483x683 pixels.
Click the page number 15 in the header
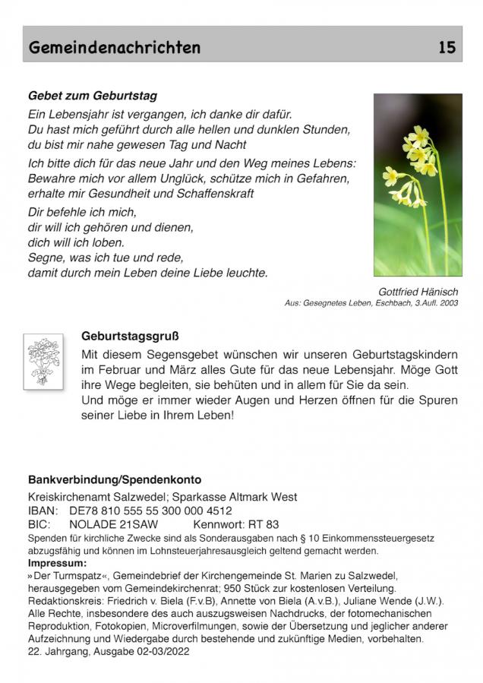pyautogui.click(x=447, y=48)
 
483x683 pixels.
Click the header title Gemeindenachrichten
pyautogui.click(x=115, y=48)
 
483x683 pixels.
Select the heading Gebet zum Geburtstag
pyautogui.click(x=93, y=96)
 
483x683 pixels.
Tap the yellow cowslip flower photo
pyautogui.click(x=417, y=185)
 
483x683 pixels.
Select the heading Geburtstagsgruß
pyautogui.click(x=130, y=335)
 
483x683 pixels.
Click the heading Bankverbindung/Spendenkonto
pyautogui.click(x=115, y=480)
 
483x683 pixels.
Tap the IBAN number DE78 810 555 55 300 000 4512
pyautogui.click(x=150, y=511)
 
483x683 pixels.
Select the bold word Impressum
pyautogui.click(x=57, y=563)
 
